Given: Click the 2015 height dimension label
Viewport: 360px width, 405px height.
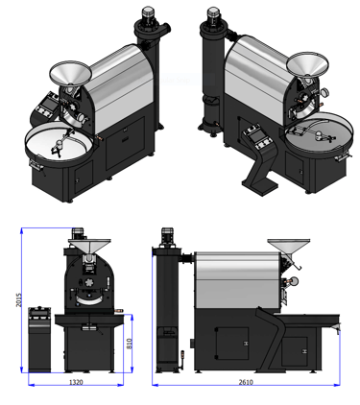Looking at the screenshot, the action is click(19, 299).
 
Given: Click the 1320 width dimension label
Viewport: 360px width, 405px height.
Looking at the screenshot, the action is click(76, 382).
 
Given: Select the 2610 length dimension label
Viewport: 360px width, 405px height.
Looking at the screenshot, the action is click(246, 382).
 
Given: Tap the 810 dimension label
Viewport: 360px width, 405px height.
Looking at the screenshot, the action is click(130, 344).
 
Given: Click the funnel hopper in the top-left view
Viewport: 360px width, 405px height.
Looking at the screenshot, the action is click(71, 73).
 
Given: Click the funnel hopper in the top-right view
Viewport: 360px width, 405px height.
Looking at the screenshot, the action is click(307, 64).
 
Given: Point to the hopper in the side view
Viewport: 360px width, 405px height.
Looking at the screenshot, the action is click(289, 247).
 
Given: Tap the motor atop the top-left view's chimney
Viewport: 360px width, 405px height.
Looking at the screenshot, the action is click(148, 14).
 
